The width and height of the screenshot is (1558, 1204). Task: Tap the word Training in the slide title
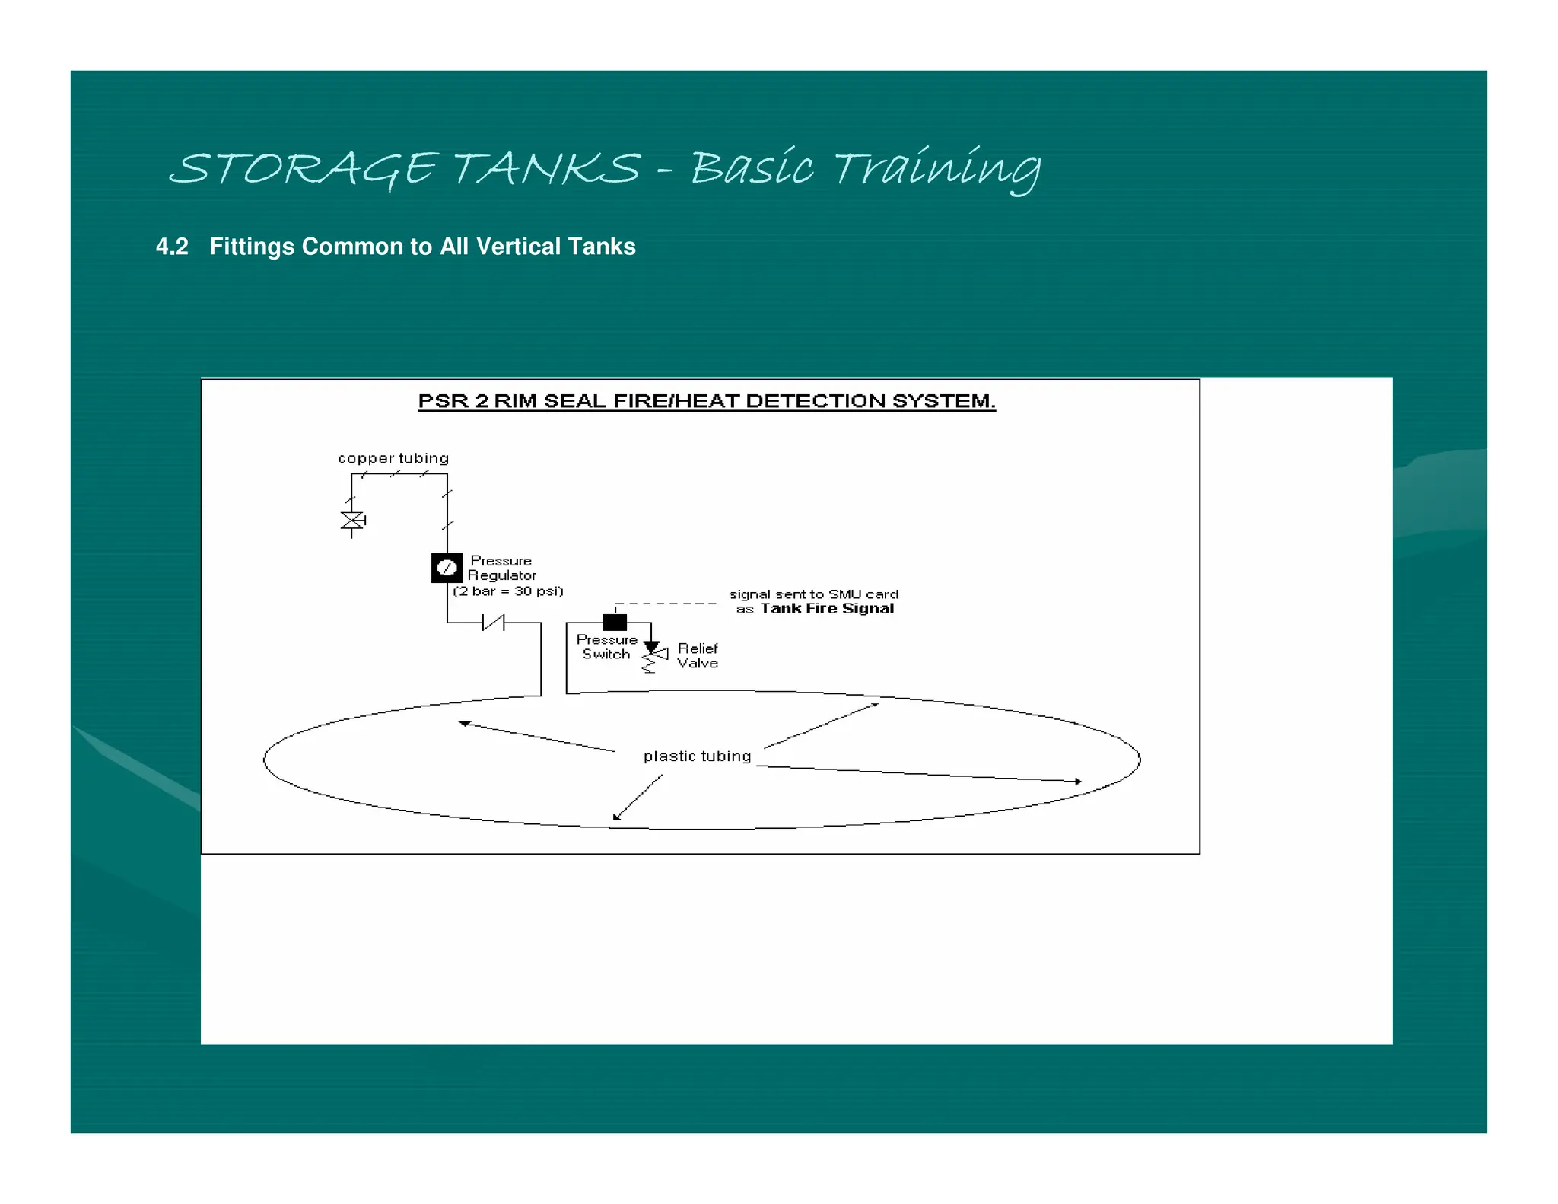938,168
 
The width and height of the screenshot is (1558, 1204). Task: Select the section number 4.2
172,247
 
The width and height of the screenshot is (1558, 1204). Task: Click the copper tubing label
393,458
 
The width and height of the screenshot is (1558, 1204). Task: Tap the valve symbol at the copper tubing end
352,521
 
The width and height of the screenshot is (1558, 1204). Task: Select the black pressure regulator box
447,568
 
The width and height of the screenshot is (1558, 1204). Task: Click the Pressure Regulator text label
501,569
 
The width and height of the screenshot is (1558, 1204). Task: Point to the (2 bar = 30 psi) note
508,591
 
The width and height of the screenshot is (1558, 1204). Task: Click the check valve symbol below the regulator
493,623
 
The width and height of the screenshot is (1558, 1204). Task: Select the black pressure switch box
615,623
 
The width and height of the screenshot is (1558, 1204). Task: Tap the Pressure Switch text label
606,647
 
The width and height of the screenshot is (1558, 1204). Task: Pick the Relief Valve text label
698,655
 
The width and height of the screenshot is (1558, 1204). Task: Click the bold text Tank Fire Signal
827,608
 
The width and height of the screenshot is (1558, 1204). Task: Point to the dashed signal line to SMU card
665,604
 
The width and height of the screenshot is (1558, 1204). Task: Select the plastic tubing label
698,756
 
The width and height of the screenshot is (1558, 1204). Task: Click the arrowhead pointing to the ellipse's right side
1078,782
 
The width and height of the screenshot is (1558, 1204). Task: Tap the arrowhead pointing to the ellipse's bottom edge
616,817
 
